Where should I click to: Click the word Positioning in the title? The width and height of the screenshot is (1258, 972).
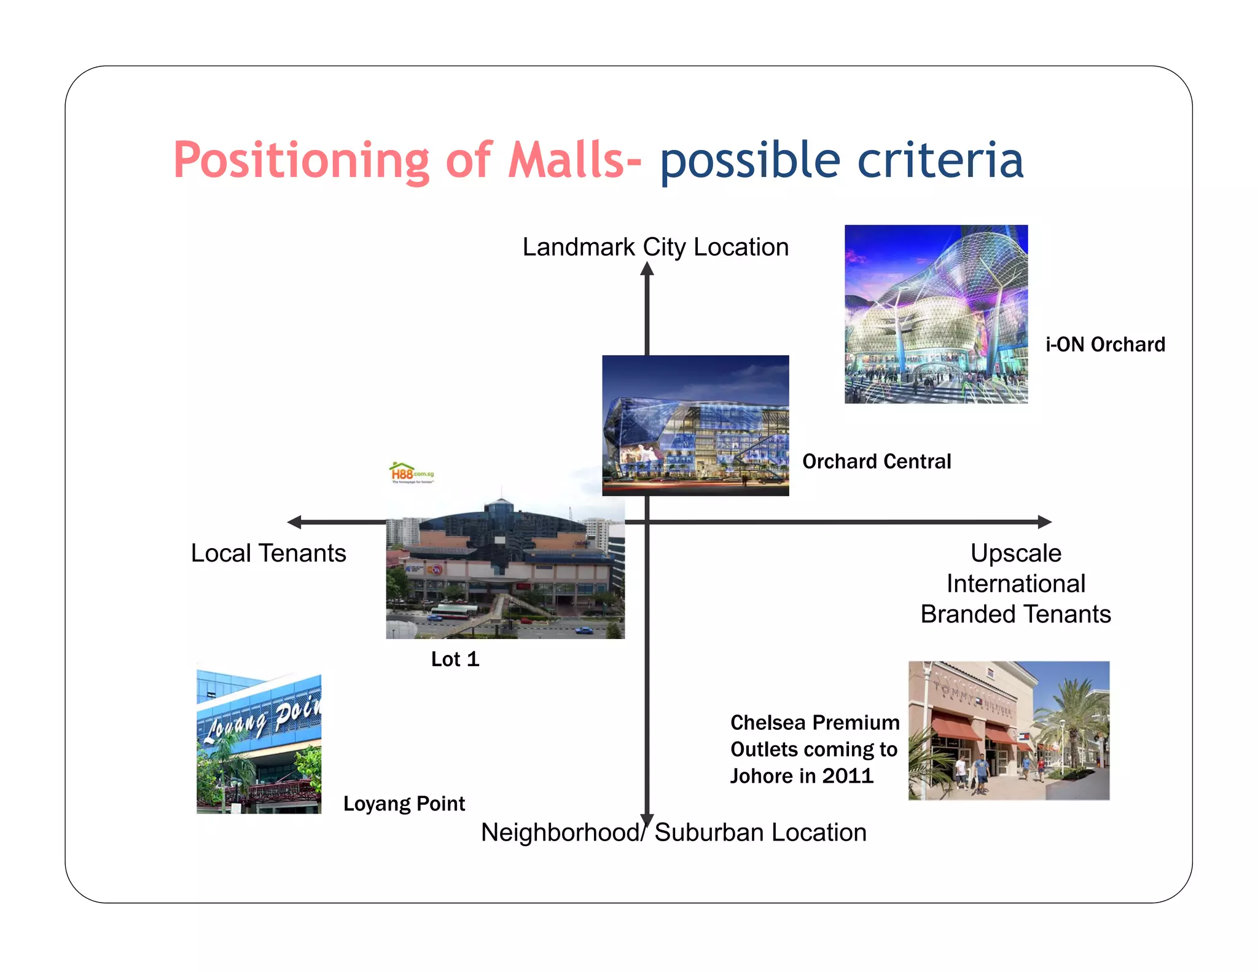click(x=301, y=161)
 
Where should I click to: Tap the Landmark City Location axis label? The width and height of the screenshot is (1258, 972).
click(x=655, y=247)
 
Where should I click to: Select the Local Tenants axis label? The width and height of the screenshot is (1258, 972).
click(x=268, y=553)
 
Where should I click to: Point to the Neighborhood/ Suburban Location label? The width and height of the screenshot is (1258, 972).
click(x=673, y=833)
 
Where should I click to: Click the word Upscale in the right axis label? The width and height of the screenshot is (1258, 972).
click(x=1016, y=553)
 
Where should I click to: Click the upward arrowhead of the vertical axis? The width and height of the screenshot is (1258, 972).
click(x=647, y=269)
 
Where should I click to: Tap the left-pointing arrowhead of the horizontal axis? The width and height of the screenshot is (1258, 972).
click(x=295, y=522)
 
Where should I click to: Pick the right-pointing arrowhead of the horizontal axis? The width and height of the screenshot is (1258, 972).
click(x=1044, y=522)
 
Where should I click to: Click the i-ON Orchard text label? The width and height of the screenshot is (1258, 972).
click(x=1105, y=345)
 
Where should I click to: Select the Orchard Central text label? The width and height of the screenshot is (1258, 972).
click(x=877, y=461)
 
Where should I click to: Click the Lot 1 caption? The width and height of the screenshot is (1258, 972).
click(x=455, y=659)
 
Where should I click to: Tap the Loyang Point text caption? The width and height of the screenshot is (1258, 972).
click(x=404, y=804)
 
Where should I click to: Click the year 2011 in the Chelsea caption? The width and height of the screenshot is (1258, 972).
click(x=848, y=776)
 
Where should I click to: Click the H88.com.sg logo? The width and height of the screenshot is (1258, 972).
click(x=412, y=473)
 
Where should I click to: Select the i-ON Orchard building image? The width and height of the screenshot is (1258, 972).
click(x=936, y=314)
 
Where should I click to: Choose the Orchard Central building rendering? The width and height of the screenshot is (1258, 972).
click(x=695, y=425)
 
